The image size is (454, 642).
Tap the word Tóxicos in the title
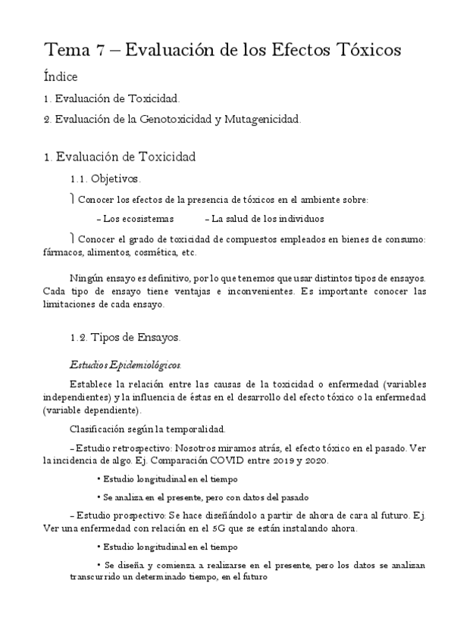coord(367,51)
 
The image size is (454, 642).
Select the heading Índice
coord(61,76)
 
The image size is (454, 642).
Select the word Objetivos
coord(115,179)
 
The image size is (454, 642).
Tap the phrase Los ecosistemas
coord(139,219)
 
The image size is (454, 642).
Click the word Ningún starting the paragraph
coord(84,278)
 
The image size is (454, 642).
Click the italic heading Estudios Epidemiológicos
coord(124,364)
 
